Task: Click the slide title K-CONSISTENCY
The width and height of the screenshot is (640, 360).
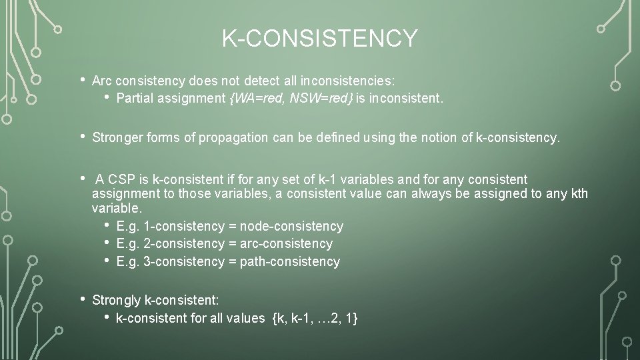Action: [x=320, y=38]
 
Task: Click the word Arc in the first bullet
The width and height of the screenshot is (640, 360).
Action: [x=102, y=81]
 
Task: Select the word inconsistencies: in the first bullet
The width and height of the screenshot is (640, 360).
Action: [x=348, y=81]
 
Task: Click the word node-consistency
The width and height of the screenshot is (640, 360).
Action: [x=291, y=226]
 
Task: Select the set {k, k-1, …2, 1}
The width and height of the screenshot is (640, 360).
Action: [x=315, y=318]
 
